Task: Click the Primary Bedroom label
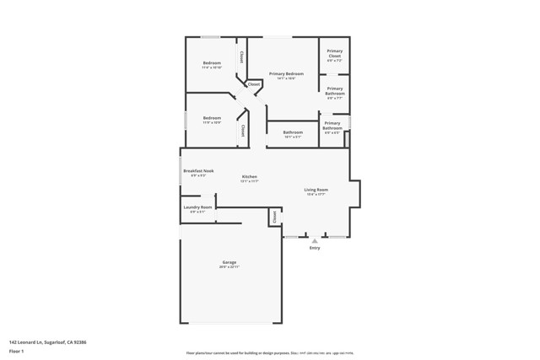(x=286, y=74)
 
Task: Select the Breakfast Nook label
(x=198, y=170)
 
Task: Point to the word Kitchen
(x=249, y=176)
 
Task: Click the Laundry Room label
(x=197, y=207)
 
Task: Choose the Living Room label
(x=316, y=190)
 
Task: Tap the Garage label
(x=229, y=262)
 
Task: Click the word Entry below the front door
(x=315, y=248)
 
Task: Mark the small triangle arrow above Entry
(x=315, y=241)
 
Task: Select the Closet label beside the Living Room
(x=274, y=217)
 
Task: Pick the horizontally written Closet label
(x=254, y=84)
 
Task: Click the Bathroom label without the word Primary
(x=293, y=132)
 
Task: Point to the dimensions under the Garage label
(x=229, y=267)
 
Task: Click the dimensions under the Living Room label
(x=316, y=195)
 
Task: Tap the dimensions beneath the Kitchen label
(x=249, y=181)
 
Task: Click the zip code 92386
(x=79, y=342)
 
